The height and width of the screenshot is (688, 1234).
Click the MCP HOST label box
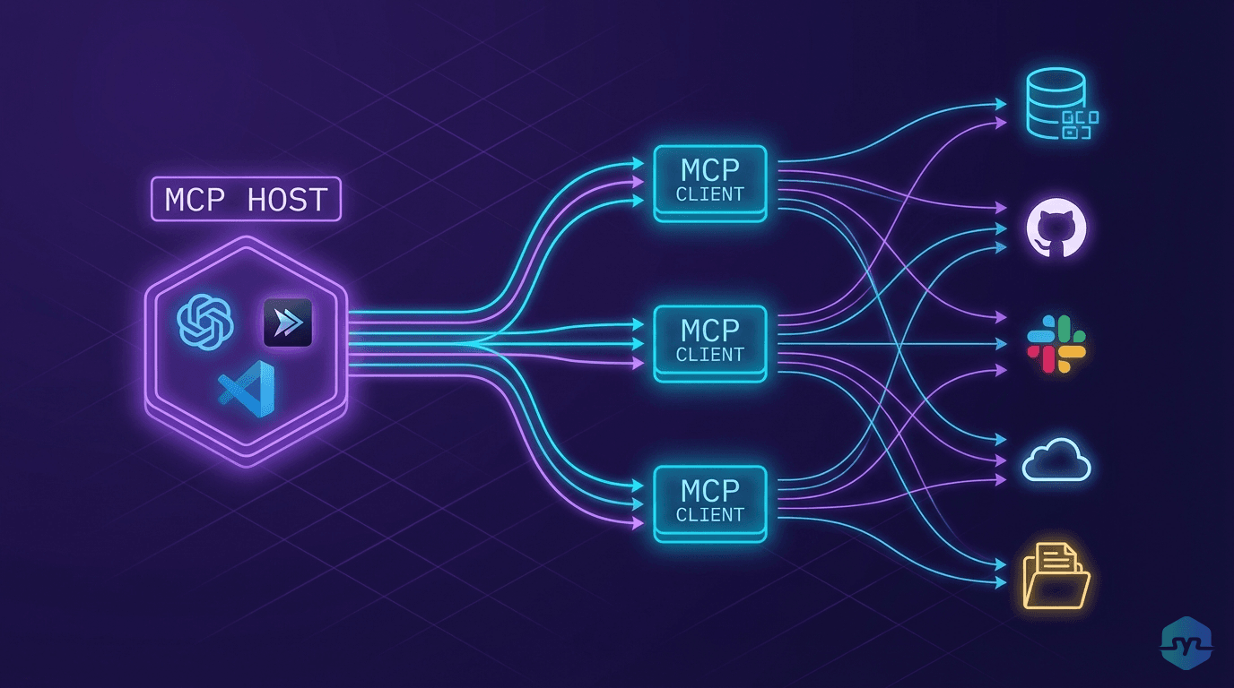point(247,200)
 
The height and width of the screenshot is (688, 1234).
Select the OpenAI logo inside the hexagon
point(206,322)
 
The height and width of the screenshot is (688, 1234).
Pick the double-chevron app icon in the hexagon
point(287,322)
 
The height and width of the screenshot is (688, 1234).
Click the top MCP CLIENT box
point(710,182)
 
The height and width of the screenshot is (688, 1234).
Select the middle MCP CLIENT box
point(710,342)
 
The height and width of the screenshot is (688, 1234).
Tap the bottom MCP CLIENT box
point(710,503)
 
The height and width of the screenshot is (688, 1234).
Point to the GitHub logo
point(1056,229)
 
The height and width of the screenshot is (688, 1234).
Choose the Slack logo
point(1056,344)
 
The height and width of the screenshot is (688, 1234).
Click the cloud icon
point(1056,460)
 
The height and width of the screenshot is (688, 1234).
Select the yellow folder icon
point(1056,575)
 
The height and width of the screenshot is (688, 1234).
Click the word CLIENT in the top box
point(710,194)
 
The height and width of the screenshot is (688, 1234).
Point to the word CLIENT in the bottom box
point(710,515)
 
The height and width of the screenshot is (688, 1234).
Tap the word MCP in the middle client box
point(710,330)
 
